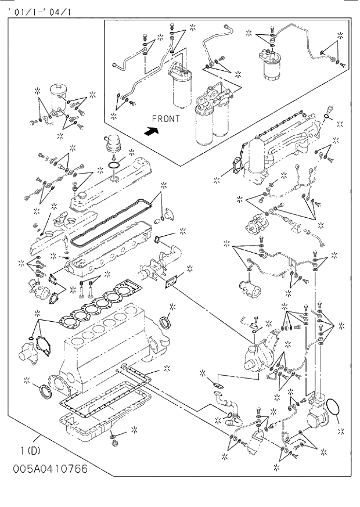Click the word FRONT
(165, 118)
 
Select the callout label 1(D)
(30, 450)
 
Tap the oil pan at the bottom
(102, 424)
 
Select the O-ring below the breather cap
(115, 168)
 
